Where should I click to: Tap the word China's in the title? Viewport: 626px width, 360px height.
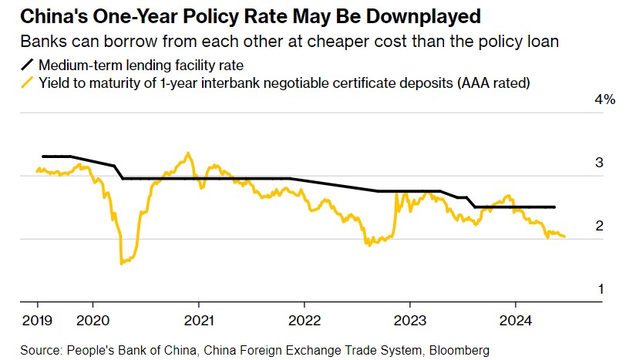point(49,16)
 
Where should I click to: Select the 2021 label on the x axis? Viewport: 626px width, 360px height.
point(199,320)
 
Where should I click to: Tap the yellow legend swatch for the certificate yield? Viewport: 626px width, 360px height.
point(29,82)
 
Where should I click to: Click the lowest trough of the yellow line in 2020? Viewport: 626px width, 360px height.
point(122,264)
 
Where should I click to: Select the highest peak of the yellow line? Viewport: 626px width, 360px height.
point(187,153)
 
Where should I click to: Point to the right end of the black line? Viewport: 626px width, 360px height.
point(555,207)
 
